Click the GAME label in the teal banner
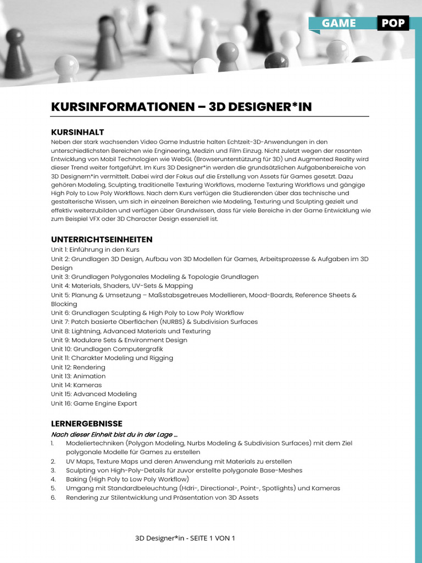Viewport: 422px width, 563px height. coord(338,23)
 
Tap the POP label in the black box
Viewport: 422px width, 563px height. coord(392,23)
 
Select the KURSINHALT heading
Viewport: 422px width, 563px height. coord(77,133)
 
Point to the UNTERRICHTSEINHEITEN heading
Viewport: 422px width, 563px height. coord(102,240)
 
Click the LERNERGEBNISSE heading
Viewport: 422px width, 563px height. coord(87,424)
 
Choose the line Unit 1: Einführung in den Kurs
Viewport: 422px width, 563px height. coord(95,250)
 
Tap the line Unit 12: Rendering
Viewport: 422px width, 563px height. coord(78,367)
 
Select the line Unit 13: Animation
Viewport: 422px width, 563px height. coord(79,376)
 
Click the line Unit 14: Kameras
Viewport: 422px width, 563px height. coord(76,385)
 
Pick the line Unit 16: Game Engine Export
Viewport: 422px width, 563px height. coord(94,404)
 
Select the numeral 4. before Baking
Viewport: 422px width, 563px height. coord(53,479)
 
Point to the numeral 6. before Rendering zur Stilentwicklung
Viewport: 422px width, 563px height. coord(53,498)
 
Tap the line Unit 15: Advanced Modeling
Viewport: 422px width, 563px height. coord(94,394)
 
